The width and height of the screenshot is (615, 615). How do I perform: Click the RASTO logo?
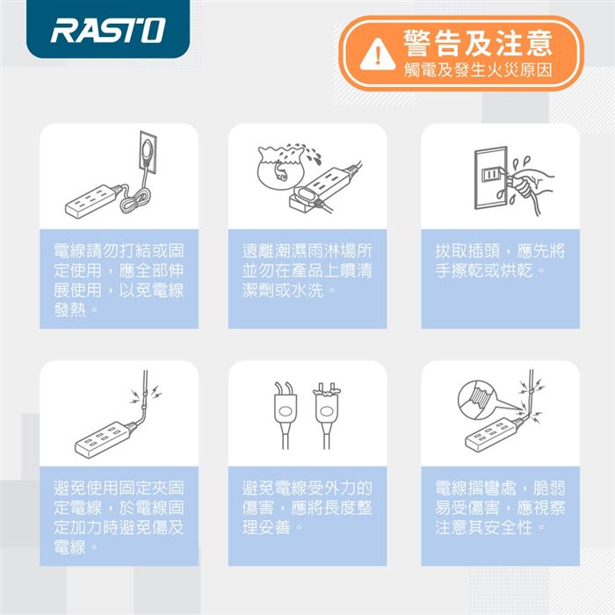[108, 30]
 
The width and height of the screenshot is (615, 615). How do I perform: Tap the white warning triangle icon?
[377, 54]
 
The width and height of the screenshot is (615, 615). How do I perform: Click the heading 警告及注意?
[478, 43]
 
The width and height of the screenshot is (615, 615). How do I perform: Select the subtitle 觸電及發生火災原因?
[478, 70]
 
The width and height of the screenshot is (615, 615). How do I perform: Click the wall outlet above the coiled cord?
[148, 153]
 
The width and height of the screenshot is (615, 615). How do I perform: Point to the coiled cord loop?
[135, 199]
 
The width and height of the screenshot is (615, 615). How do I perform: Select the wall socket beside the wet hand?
[490, 177]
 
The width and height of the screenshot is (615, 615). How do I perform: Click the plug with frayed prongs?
[326, 416]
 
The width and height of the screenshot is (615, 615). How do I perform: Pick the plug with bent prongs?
[286, 416]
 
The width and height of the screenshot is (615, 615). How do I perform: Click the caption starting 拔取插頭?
[500, 260]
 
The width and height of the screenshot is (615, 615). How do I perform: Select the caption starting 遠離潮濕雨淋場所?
[307, 271]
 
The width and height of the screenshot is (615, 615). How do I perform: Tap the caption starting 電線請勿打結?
[119, 280]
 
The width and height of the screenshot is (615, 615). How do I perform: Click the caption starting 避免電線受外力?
[307, 508]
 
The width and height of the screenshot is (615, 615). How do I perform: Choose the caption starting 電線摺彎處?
[500, 508]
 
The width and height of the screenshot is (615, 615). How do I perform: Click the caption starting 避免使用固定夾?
[119, 517]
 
